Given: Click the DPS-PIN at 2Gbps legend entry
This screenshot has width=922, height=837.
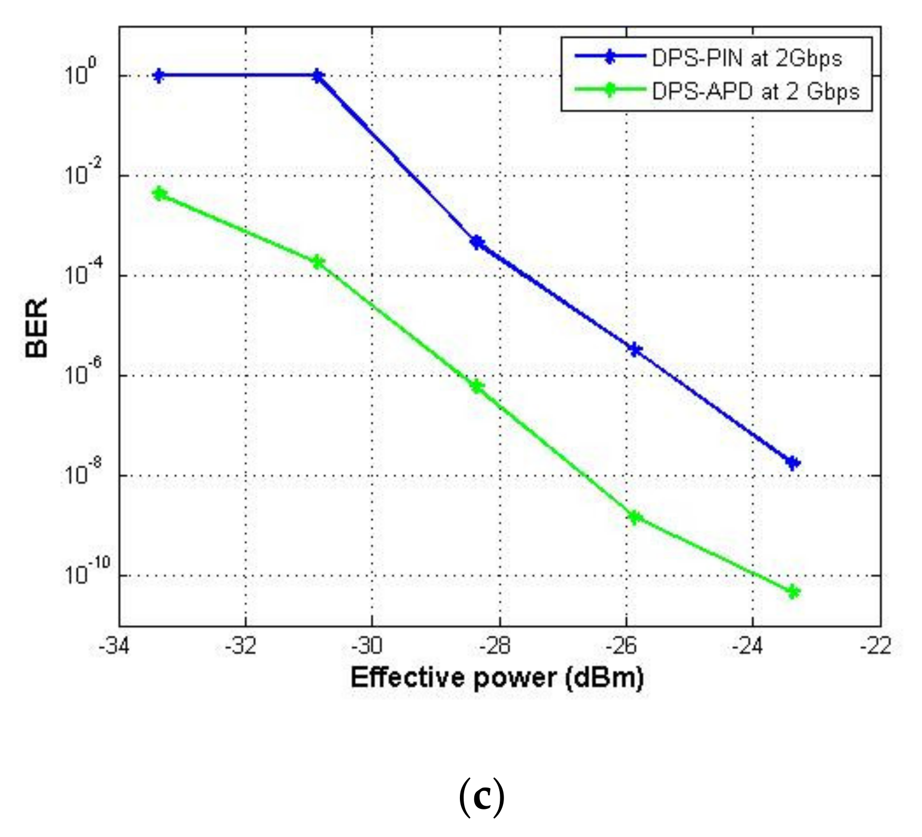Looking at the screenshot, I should point(746,58).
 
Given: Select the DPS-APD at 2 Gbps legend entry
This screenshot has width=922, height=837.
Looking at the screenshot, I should point(754,91).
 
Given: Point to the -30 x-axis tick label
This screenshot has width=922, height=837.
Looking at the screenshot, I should point(368,646).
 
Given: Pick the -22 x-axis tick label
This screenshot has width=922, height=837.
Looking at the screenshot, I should point(876,646).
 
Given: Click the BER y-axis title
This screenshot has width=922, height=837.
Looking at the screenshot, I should point(37,327).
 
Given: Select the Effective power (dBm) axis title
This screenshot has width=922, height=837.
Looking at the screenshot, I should point(497,678).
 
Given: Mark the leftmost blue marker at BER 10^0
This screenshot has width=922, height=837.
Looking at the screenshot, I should point(158,75).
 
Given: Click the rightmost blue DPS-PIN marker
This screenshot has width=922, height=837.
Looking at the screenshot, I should point(792,463).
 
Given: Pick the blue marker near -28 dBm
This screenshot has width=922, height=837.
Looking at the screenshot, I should point(477,243).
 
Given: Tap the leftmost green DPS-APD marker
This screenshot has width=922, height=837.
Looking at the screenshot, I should point(159,194).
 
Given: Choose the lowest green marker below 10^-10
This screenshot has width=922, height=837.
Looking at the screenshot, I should point(792,592).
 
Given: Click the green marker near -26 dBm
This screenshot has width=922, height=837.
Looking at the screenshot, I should point(634,517).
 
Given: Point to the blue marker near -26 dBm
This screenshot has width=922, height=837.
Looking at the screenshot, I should point(634,349).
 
